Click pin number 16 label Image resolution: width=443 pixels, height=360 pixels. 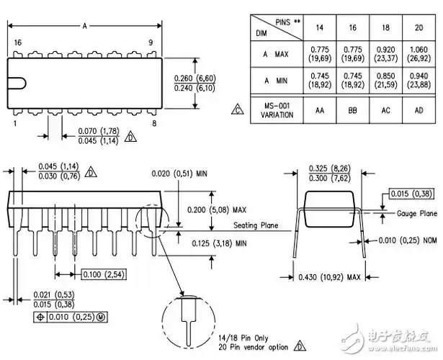[17, 43]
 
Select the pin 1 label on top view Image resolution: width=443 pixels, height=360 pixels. [14, 123]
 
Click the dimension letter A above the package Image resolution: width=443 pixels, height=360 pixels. [84, 26]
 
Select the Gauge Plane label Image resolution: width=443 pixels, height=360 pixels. [417, 214]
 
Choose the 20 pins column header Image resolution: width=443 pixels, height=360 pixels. [419, 27]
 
